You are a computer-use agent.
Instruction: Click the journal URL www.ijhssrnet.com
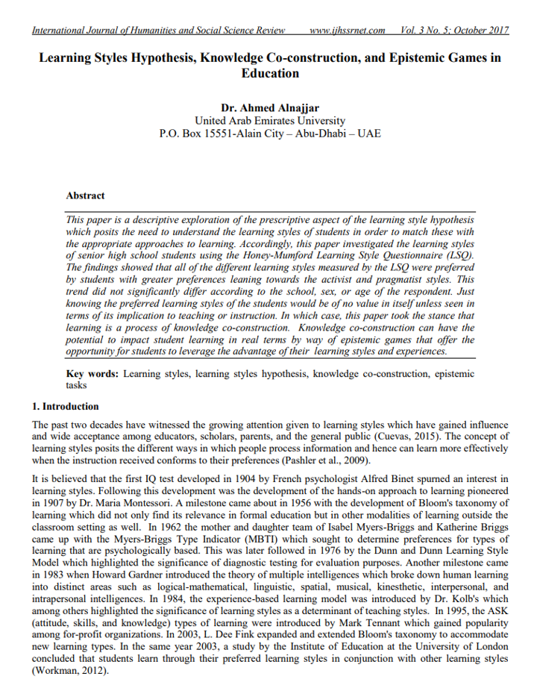(x=347, y=31)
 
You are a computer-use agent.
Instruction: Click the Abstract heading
(x=85, y=196)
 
